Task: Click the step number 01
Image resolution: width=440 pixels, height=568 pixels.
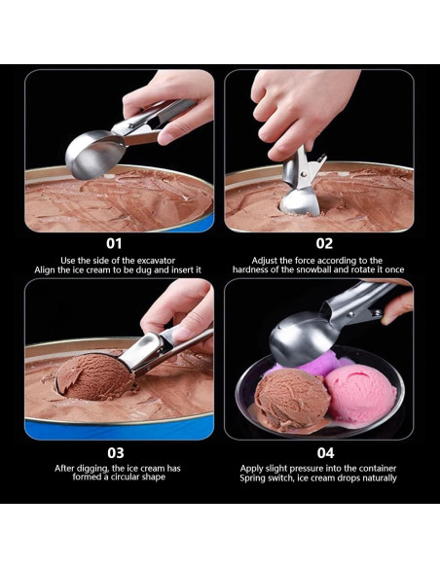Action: [x=115, y=243]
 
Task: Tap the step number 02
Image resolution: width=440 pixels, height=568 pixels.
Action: [x=324, y=243]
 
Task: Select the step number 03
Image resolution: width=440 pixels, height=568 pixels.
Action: [x=115, y=452]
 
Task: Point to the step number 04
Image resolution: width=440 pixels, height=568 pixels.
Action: [x=324, y=452]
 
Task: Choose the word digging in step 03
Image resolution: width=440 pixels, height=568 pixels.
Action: [x=96, y=468]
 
